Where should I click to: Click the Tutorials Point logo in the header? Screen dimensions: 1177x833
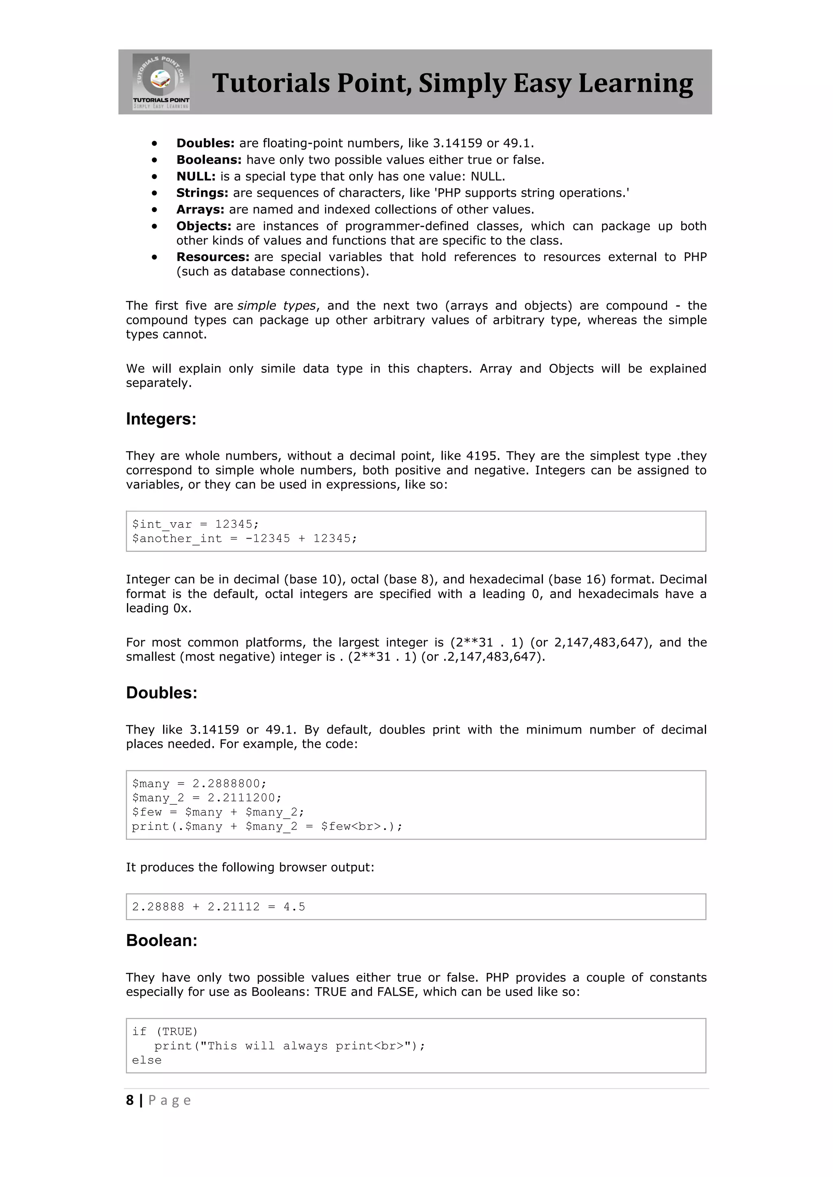(x=161, y=82)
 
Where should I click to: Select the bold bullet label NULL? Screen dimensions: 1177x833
(x=196, y=176)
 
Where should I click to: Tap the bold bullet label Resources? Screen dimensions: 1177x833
(x=213, y=257)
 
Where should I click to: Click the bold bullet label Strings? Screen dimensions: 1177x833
(x=202, y=193)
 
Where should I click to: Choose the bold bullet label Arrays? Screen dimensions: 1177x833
(x=200, y=209)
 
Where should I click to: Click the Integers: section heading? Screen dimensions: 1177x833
(x=161, y=419)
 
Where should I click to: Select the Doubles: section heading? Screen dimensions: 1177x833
(x=161, y=693)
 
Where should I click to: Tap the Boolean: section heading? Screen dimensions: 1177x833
(x=161, y=940)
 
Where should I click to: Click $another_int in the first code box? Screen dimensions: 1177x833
(x=177, y=538)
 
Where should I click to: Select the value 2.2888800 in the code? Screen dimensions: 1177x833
(x=226, y=783)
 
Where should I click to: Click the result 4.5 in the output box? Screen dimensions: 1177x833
(x=294, y=906)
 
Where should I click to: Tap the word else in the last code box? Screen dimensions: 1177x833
(x=147, y=1060)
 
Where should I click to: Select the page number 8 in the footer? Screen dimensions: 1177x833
(x=130, y=1100)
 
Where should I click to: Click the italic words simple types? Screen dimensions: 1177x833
(x=277, y=306)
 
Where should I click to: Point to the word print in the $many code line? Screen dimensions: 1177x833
(x=150, y=826)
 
